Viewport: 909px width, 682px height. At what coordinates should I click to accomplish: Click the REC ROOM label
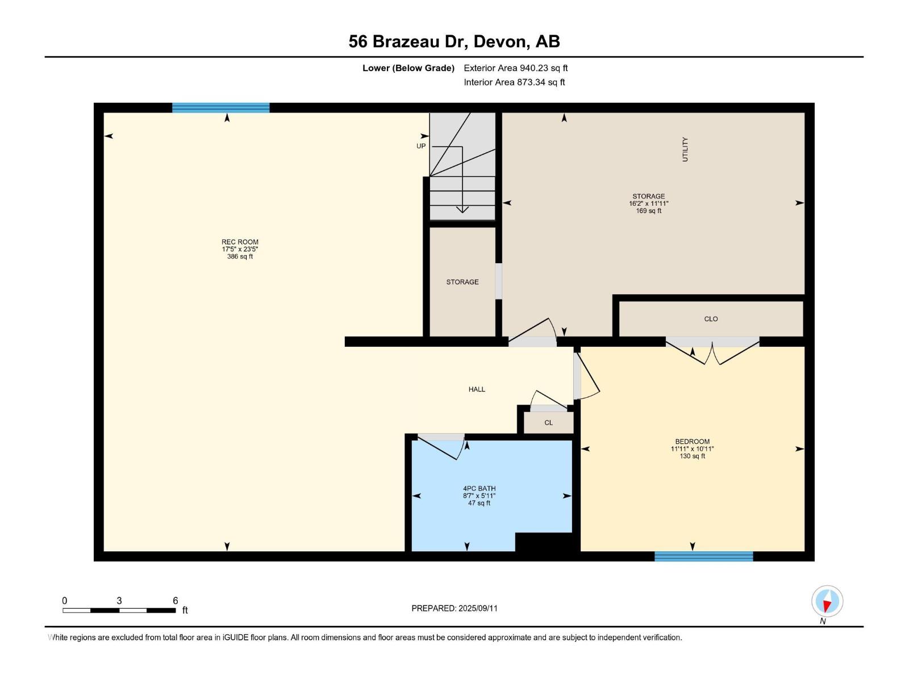(240, 242)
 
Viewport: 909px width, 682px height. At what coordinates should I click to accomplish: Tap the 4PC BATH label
(479, 489)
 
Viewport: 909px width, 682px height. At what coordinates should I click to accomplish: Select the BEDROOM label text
(692, 442)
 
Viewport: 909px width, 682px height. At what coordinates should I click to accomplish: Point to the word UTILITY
(685, 149)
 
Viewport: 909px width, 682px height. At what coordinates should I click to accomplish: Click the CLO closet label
(711, 319)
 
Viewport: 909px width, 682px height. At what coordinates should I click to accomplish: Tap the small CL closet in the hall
(548, 423)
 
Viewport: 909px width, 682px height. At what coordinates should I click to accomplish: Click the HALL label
(477, 389)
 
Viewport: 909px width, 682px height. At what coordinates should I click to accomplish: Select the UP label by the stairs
(421, 146)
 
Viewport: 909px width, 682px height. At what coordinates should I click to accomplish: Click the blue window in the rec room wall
(220, 108)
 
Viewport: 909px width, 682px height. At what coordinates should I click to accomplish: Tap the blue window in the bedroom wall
(703, 556)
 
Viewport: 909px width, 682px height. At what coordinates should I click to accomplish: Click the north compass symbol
(827, 601)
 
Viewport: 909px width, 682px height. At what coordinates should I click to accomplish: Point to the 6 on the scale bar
(175, 601)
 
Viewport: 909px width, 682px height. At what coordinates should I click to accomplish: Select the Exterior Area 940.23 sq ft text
(515, 68)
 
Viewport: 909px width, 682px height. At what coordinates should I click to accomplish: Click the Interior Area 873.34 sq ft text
(514, 82)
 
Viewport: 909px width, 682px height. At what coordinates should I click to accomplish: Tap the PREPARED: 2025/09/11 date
(454, 608)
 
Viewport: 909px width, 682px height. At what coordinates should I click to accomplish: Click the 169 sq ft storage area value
(648, 211)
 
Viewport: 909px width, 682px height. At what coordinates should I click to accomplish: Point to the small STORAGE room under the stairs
(462, 282)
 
